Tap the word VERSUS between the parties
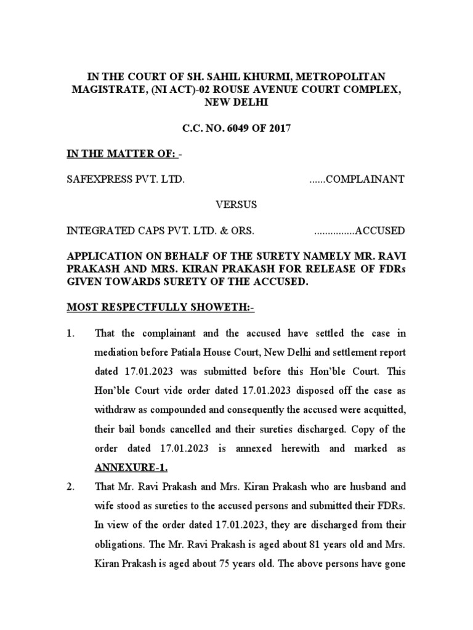[x=236, y=204]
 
